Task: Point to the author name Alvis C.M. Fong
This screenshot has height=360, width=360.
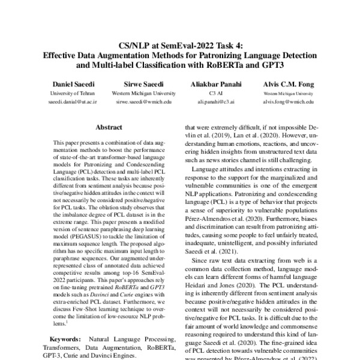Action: (291, 86)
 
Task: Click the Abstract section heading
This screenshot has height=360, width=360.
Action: (110, 127)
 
